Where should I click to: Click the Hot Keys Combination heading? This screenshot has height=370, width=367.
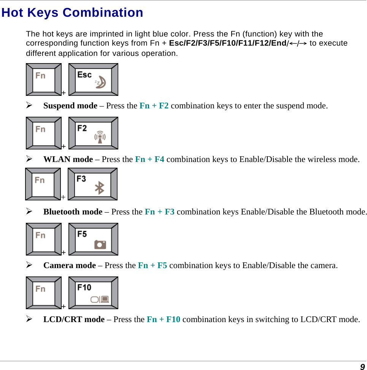tap(72, 13)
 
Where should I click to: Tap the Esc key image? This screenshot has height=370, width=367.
tap(94, 79)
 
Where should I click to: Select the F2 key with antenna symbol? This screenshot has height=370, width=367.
tap(94, 133)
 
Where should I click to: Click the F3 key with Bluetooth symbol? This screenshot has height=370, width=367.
tap(93, 184)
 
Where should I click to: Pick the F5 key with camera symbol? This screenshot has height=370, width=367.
tap(94, 239)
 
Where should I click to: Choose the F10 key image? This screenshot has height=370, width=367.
tap(94, 293)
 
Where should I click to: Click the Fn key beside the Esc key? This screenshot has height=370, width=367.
tap(44, 79)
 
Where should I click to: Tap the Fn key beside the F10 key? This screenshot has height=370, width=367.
tap(44, 293)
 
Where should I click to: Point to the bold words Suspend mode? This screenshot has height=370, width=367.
tap(70, 106)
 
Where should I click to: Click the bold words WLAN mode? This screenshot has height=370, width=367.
tap(68, 159)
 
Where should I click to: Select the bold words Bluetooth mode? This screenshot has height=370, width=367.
tap(73, 212)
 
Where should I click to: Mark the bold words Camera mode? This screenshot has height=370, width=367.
tap(70, 265)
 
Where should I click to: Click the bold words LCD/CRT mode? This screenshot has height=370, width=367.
tap(74, 319)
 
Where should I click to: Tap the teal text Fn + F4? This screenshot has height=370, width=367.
tap(150, 159)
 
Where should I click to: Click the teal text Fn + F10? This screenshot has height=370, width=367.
tap(164, 319)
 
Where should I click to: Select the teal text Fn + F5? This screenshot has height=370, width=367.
tap(153, 265)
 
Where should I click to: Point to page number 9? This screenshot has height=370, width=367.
tap(362, 367)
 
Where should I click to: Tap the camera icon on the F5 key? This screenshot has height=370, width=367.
tap(100, 245)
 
